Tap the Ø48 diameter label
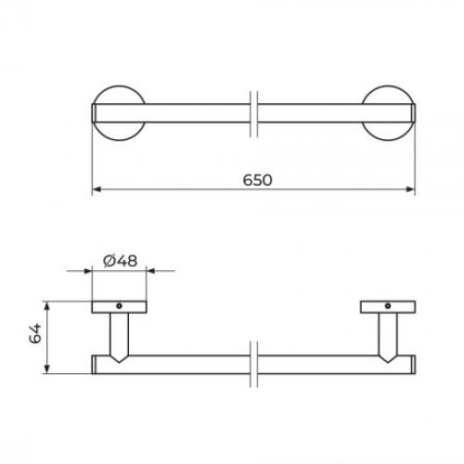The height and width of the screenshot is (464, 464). pyautogui.click(x=121, y=261)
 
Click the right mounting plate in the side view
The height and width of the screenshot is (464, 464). pyautogui.click(x=386, y=308)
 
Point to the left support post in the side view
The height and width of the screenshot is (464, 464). pyautogui.click(x=118, y=335)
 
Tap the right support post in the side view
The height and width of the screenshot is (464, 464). pyautogui.click(x=387, y=335)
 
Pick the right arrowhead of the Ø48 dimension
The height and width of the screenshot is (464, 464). pyautogui.click(x=146, y=272)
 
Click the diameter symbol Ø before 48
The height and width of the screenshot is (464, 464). pyautogui.click(x=109, y=261)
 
